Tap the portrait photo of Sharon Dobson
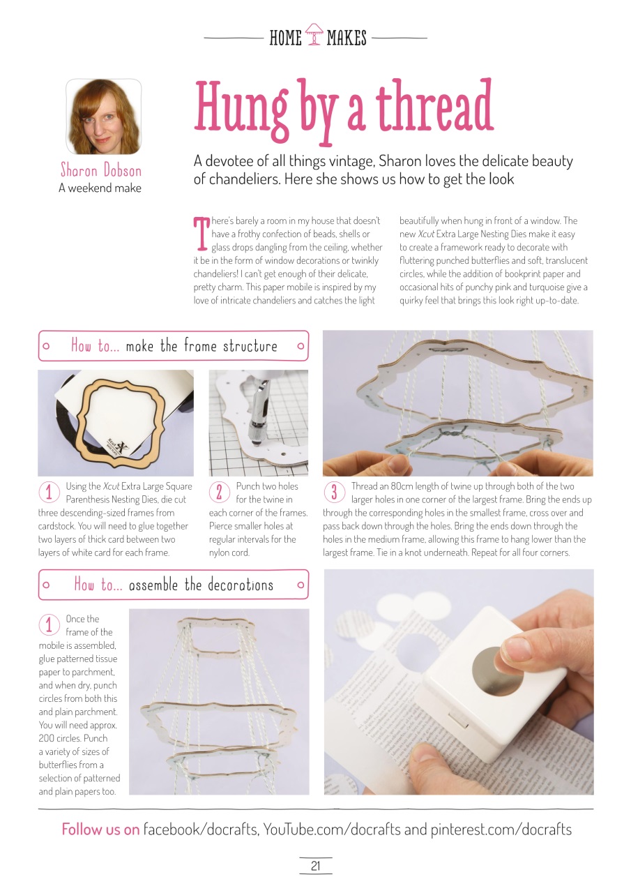tap(103, 117)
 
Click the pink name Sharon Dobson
tap(100, 170)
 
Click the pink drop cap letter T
tap(201, 233)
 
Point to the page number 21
tap(315, 866)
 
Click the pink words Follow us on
tap(100, 830)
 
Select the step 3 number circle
tap(334, 492)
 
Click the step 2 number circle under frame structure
tap(220, 492)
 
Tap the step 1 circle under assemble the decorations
tap(49, 624)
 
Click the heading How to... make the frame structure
tap(174, 346)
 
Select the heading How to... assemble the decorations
tap(174, 585)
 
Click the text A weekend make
tap(100, 188)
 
